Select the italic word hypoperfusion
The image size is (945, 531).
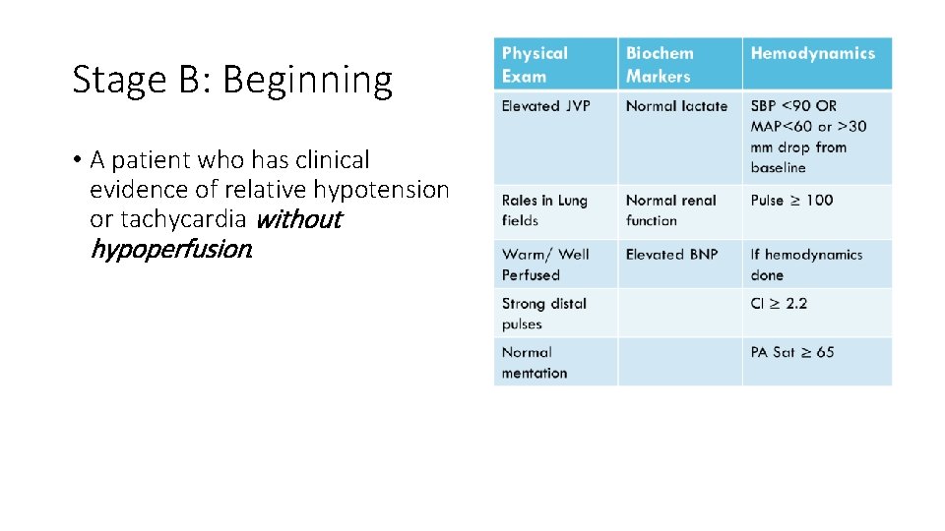170,250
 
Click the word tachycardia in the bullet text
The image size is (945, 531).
183,219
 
